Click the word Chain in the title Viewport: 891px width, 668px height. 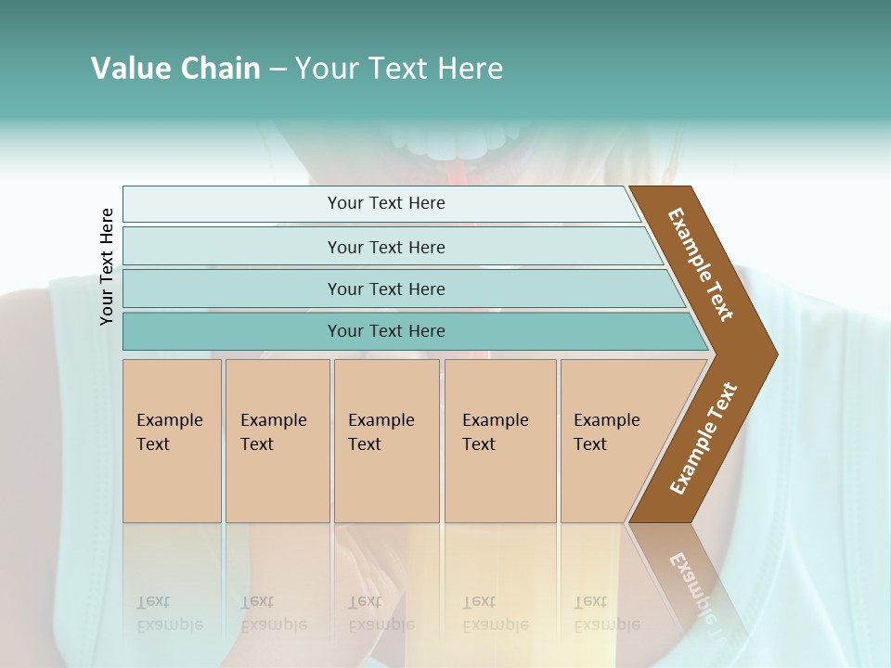(220, 69)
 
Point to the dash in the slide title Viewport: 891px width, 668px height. (278, 70)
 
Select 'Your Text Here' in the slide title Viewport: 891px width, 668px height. (399, 69)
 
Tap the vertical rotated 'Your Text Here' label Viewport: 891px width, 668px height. (107, 266)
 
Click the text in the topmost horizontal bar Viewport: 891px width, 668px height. (386, 203)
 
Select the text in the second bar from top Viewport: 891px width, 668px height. (386, 248)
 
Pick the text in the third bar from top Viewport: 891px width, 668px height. (386, 289)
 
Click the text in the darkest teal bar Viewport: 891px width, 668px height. (386, 331)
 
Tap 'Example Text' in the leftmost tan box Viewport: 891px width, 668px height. (169, 432)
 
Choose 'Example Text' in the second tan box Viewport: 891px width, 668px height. (273, 432)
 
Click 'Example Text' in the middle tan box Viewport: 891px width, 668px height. (381, 432)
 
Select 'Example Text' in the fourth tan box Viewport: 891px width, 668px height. (495, 432)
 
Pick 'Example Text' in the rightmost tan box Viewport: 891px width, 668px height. (606, 432)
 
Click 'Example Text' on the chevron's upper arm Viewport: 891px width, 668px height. (701, 264)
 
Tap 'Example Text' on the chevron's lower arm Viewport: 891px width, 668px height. (703, 439)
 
